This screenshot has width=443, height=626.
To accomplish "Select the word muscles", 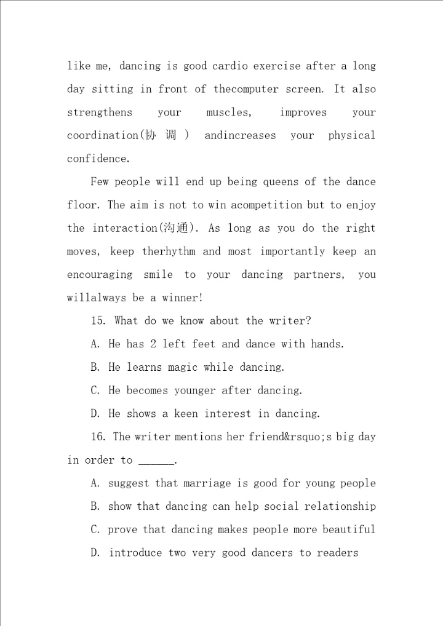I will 228,113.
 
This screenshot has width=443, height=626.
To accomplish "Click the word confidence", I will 98,159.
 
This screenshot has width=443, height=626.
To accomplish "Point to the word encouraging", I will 99,275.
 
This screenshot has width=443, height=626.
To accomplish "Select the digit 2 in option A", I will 153,344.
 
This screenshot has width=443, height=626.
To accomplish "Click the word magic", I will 181,367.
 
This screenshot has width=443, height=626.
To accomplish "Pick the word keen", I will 186,414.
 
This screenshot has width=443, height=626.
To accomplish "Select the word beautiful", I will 344,529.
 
